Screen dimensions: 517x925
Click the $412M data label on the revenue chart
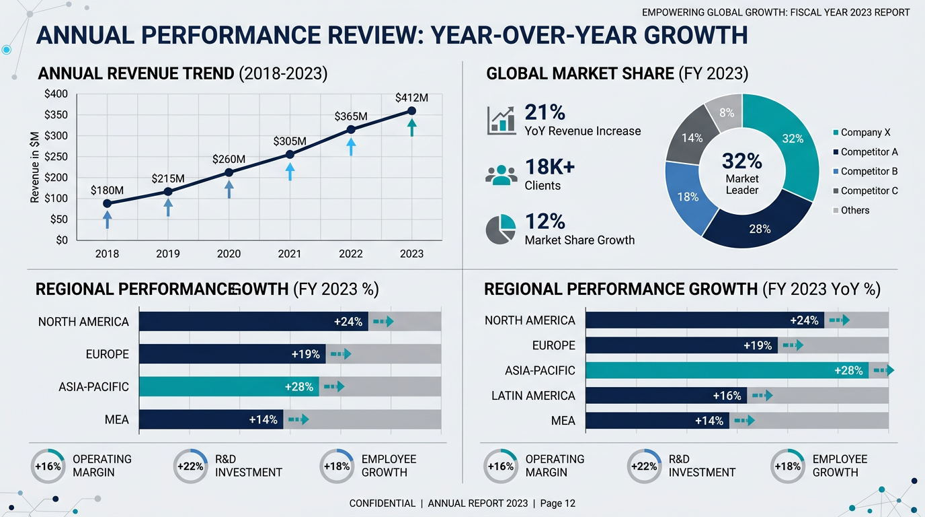coord(411,98)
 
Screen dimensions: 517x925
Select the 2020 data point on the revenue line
coord(229,172)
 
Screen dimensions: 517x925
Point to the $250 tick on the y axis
coord(56,157)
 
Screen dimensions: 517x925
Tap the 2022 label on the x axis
coord(351,254)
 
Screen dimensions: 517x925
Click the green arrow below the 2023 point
coord(411,127)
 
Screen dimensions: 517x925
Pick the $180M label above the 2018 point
coord(107,191)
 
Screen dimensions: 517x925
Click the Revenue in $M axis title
coord(35,167)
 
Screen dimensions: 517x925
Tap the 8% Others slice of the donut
coord(726,113)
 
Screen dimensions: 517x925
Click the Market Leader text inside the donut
coord(742,184)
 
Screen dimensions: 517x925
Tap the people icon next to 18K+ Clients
coord(501,175)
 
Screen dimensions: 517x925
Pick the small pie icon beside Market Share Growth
coord(501,230)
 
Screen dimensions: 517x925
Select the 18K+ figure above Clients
coord(549,167)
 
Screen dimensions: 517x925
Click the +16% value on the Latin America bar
coord(727,396)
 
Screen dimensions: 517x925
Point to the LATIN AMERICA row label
coord(533,396)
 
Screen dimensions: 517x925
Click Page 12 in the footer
coord(557,504)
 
